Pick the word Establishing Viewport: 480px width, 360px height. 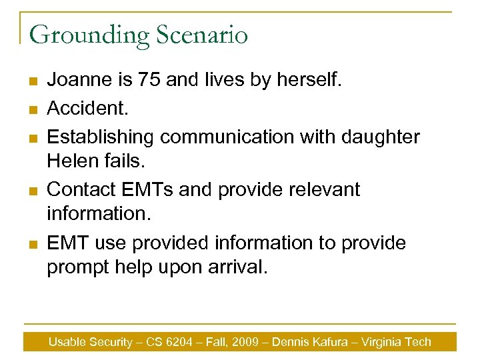point(101,137)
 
